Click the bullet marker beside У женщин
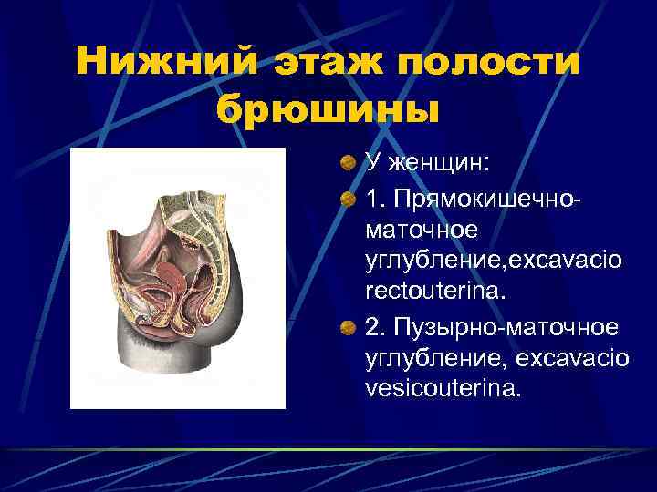coord(349,164)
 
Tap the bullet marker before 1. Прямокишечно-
coord(349,198)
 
